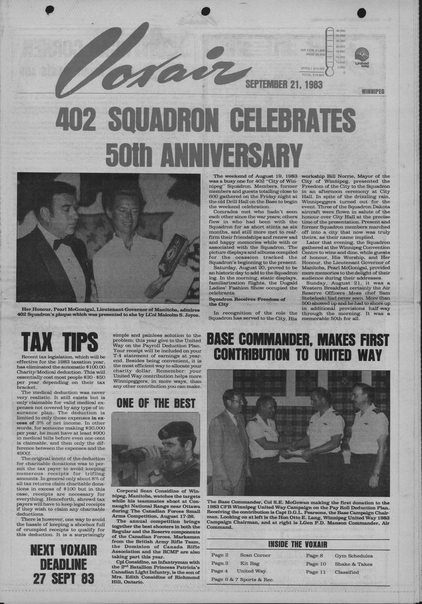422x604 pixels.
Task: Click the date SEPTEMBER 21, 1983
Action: (284, 84)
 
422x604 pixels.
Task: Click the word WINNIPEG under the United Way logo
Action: (373, 91)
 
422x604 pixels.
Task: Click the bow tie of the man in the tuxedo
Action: (62, 243)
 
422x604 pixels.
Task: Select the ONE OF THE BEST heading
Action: (156, 403)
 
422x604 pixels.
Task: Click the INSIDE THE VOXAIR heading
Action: (297, 544)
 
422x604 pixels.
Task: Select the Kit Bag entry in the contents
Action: (250, 564)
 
